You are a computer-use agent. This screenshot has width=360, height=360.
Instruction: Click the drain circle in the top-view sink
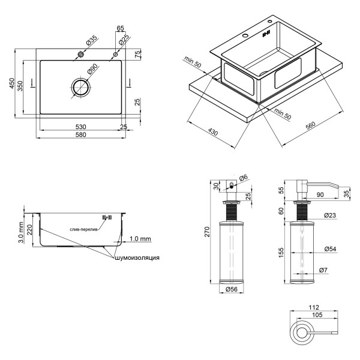coord(80,87)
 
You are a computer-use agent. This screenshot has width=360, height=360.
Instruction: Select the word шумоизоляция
coord(137,257)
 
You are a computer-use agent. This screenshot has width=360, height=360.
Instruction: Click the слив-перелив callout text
coord(82,229)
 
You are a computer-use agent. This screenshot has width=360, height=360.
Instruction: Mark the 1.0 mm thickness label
coord(140,238)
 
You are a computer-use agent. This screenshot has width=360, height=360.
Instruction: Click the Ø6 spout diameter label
coord(242,178)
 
